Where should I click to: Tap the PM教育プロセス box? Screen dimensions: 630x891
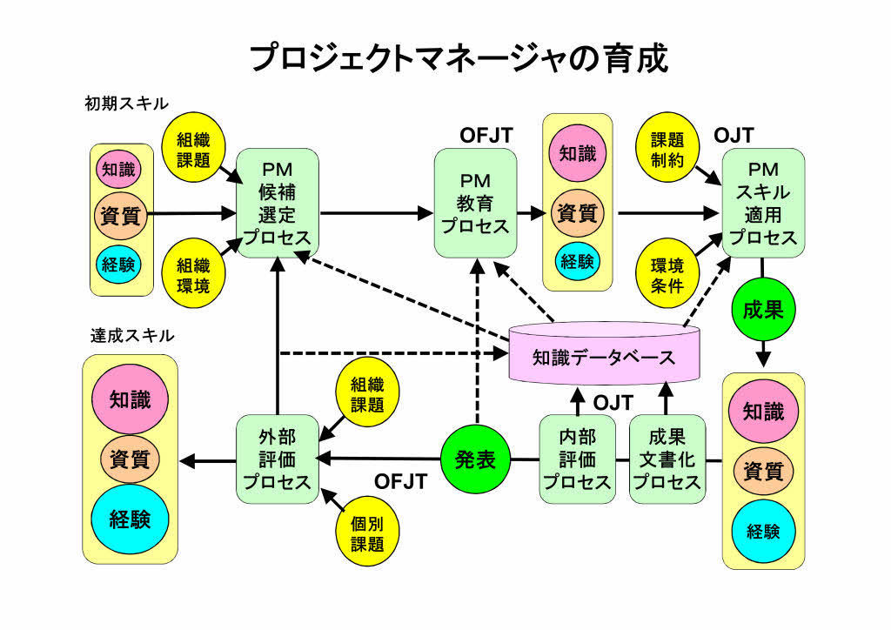(x=474, y=203)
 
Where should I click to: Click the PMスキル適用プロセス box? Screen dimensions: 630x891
(x=762, y=203)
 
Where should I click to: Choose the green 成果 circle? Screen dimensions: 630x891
(x=763, y=310)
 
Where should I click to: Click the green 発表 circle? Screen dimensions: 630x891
(x=474, y=459)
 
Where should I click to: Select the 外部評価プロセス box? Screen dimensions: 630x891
(x=276, y=459)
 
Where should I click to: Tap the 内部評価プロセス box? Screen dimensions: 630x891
(x=577, y=459)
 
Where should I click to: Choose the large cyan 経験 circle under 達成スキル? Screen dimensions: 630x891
(x=130, y=520)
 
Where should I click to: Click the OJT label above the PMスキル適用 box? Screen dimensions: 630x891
(x=734, y=135)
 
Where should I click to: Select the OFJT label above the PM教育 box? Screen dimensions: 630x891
(x=486, y=135)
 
